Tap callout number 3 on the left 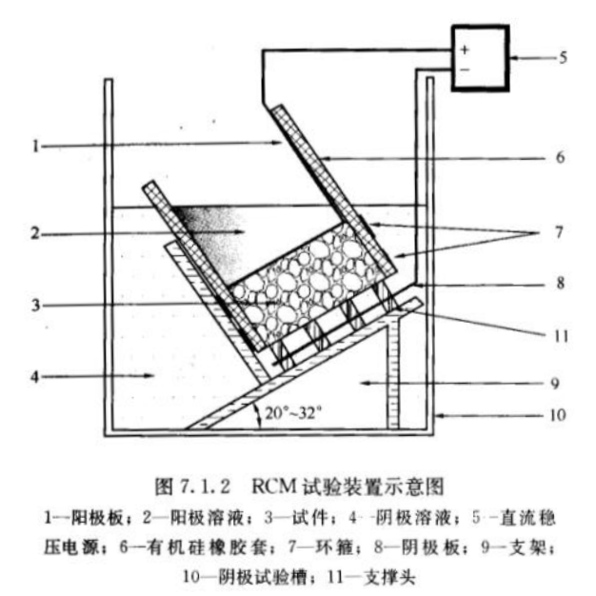tap(35, 305)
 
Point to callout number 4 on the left tap(35, 377)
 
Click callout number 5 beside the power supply tap(562, 57)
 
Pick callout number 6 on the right tap(562, 156)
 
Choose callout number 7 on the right tap(562, 231)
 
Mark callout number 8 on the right tap(562, 283)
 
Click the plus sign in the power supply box tap(466, 49)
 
